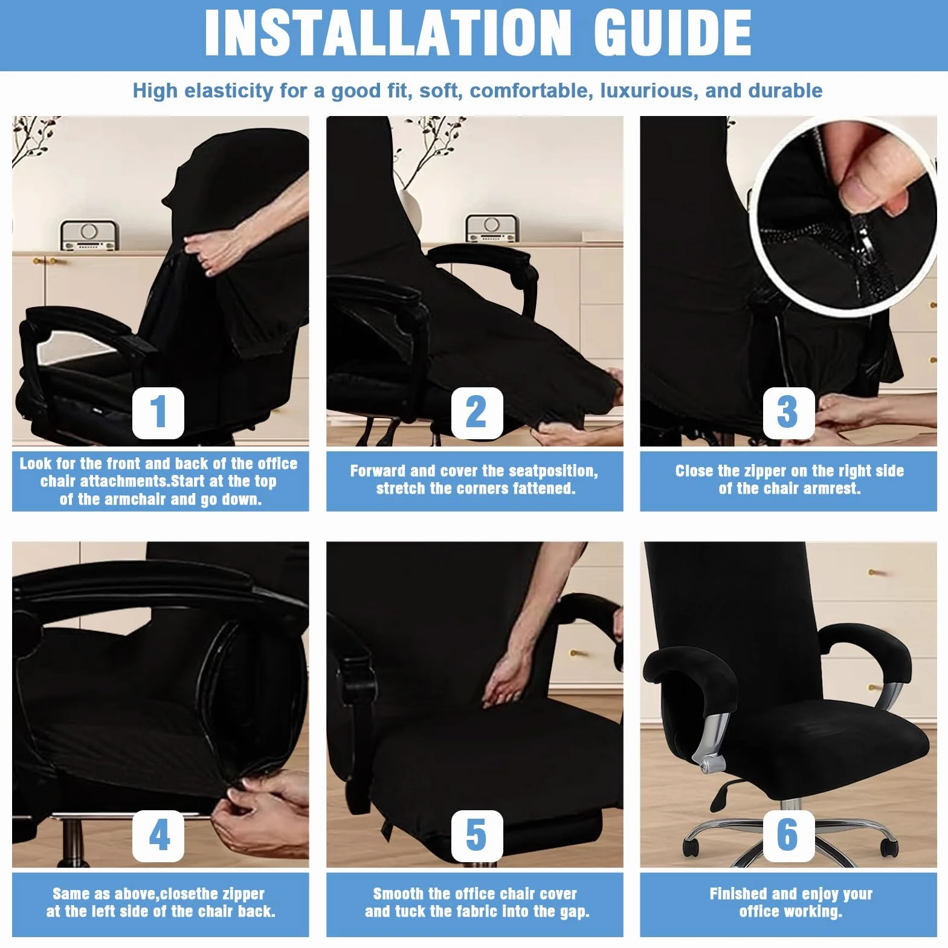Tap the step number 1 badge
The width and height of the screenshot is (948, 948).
coord(158,413)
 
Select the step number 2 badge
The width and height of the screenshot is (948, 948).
coord(477,413)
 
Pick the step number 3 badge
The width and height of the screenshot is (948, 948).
coord(788,413)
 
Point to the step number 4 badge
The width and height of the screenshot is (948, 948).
coord(158,836)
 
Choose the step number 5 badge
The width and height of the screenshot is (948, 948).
coord(477,836)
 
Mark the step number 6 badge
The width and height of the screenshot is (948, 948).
coord(788,836)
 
